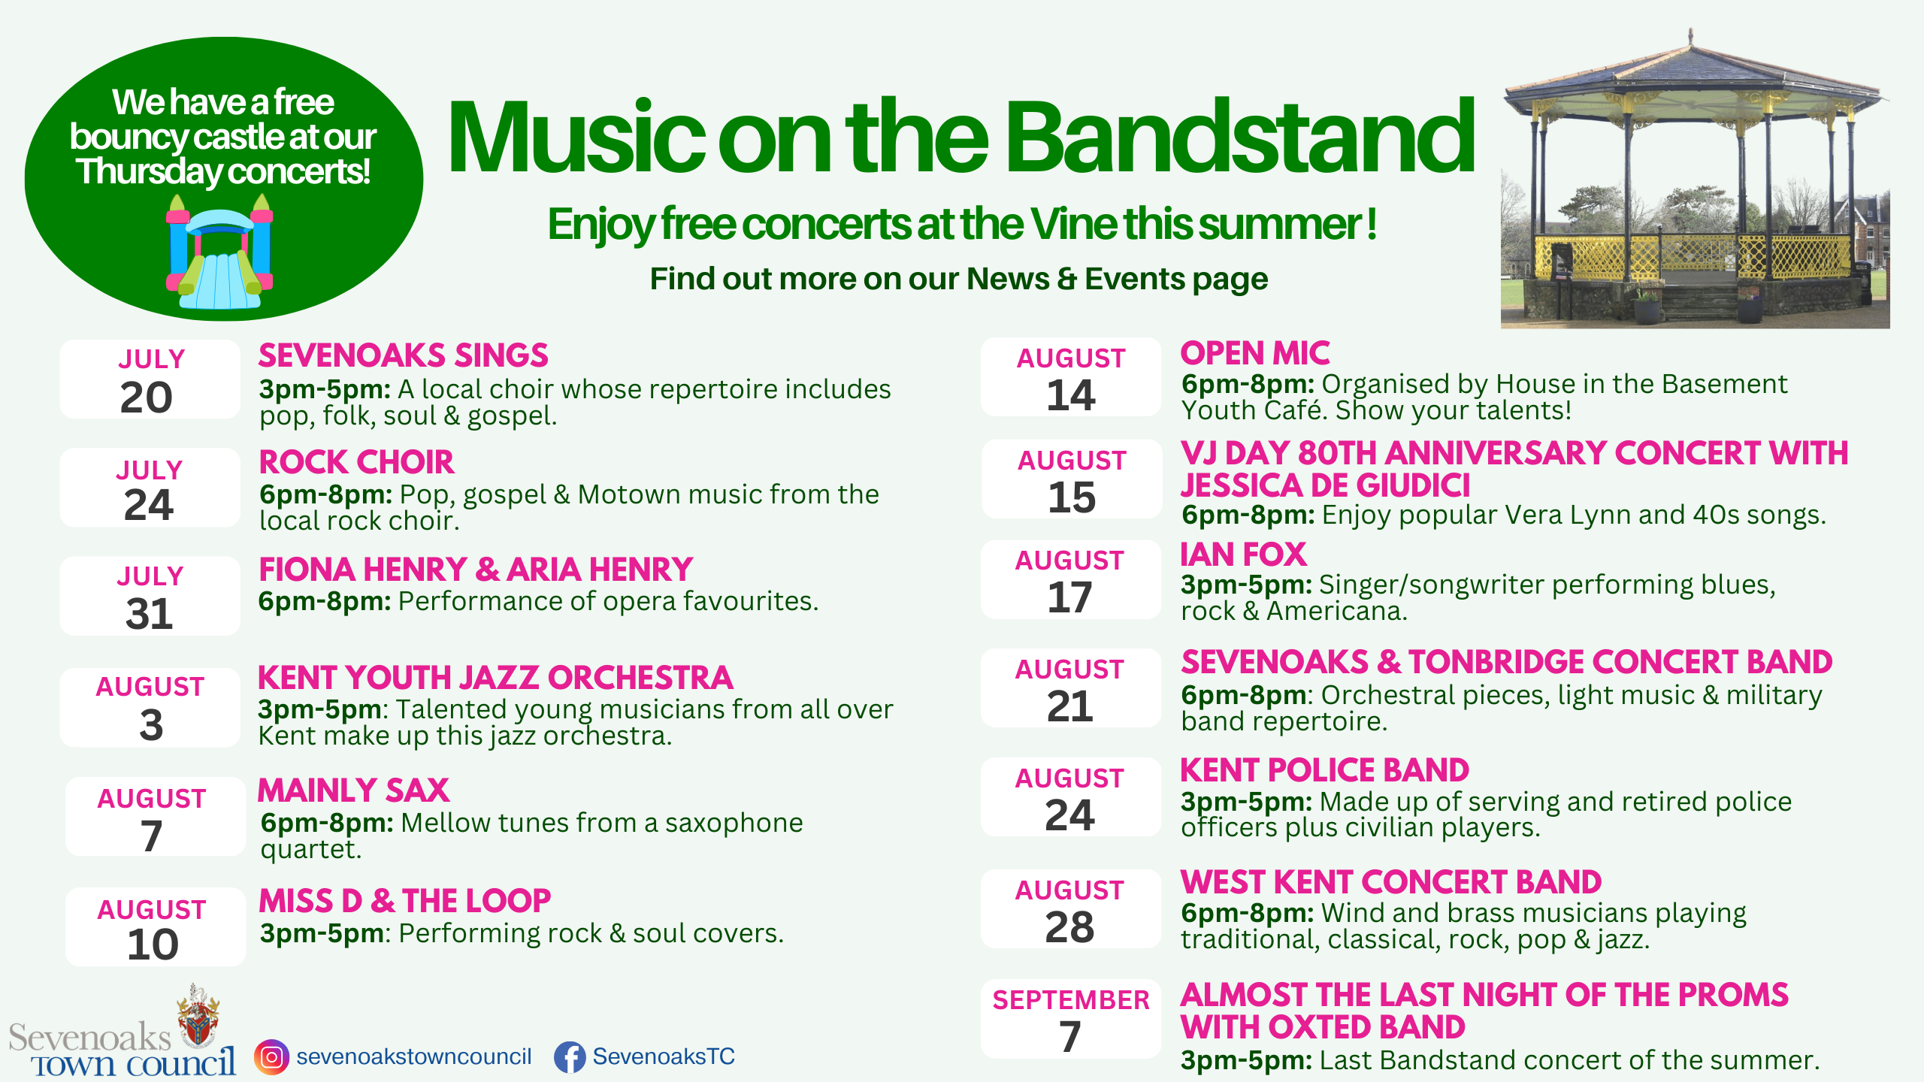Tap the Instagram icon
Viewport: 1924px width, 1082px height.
[x=271, y=1057]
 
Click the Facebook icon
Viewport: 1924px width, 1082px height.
[x=570, y=1057]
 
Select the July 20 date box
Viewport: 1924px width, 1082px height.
[x=150, y=379]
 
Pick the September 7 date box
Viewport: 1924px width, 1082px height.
[x=1071, y=1019]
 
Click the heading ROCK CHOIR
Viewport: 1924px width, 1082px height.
[x=356, y=462]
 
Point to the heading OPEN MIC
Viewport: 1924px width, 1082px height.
[x=1255, y=353]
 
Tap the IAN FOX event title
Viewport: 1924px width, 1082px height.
[x=1244, y=555]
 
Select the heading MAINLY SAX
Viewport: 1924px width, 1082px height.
[x=353, y=790]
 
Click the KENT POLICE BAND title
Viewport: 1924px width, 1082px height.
[x=1325, y=770]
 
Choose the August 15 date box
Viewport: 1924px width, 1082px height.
[x=1072, y=479]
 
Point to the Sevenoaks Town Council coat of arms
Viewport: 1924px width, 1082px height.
[x=198, y=1015]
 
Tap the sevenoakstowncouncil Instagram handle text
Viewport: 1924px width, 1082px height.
[x=414, y=1056]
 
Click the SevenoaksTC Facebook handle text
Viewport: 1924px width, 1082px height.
[x=664, y=1056]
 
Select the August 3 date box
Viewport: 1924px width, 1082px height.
[x=150, y=707]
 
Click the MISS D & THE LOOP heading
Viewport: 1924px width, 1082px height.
[x=404, y=901]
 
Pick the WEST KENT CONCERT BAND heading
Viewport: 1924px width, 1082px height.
[x=1391, y=882]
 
